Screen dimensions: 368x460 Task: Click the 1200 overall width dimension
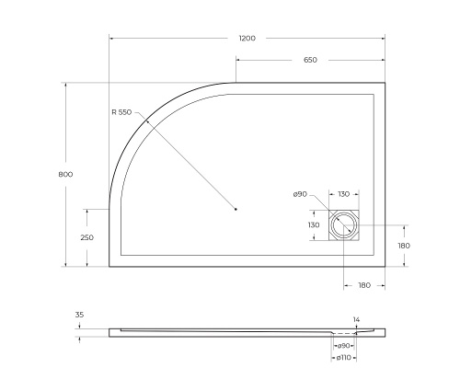point(247,38)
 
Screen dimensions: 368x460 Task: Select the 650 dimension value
point(310,60)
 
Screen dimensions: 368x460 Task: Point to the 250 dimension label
point(87,237)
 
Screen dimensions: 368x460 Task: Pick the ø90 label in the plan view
point(300,194)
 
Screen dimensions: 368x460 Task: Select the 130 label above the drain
point(343,194)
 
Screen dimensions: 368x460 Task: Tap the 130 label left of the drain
point(314,224)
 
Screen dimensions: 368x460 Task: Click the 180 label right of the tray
point(403,246)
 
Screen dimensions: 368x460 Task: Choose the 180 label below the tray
point(363,285)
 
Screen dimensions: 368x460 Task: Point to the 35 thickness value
point(80,316)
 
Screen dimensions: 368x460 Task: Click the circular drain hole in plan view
point(344,225)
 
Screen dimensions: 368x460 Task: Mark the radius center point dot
point(236,210)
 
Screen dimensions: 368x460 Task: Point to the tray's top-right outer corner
point(385,83)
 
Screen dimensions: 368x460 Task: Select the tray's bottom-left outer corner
point(109,267)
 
